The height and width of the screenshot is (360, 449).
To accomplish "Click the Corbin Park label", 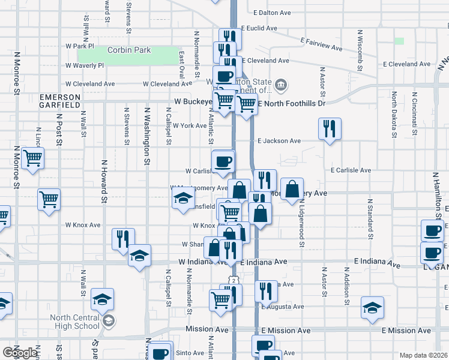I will tap(129, 50).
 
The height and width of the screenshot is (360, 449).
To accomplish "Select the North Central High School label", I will tap(75, 322).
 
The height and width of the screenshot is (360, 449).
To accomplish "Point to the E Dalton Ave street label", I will tap(272, 12).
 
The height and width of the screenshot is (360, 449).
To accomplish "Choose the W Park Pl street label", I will tap(80, 46).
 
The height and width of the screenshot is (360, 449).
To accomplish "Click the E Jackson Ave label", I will tap(279, 141).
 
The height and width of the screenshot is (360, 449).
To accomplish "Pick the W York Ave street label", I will tap(189, 125).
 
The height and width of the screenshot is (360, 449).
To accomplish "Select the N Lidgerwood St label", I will tap(302, 221).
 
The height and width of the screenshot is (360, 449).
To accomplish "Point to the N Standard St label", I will tap(369, 214).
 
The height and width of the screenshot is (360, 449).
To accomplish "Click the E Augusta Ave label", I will tap(281, 307).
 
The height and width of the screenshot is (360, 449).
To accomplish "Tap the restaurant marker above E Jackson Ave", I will tap(330, 129).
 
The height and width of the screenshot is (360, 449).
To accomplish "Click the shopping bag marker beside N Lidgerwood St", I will tap(292, 190).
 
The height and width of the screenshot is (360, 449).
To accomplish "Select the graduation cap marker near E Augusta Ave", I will tap(372, 308).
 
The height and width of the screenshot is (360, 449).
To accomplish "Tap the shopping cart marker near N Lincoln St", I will tap(32, 159).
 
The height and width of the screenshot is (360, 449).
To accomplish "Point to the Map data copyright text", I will tap(423, 355).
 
